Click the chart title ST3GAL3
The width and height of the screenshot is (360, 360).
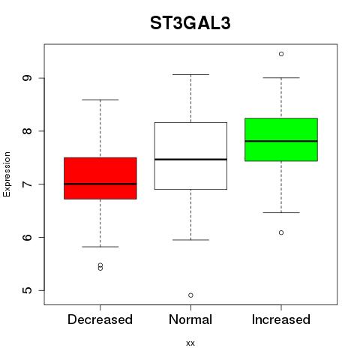190,23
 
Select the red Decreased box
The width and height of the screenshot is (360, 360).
100,178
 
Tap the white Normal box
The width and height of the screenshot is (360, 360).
190,156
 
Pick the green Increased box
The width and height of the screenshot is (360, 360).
281,139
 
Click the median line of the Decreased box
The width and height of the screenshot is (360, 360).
100,184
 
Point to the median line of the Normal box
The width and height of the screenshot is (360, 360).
190,159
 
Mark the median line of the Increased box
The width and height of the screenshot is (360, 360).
281,141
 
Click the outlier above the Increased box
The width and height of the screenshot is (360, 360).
281,54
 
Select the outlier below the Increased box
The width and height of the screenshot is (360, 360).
281,232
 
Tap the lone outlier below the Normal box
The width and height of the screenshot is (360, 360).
190,295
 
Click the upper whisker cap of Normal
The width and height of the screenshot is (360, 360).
190,74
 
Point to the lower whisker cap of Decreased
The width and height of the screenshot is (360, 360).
100,247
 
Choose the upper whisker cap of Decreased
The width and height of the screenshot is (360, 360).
100,100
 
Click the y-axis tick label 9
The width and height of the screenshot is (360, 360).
27,78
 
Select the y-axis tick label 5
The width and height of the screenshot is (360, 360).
27,290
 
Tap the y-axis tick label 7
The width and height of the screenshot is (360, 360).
27,184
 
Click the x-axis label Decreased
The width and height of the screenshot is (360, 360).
100,319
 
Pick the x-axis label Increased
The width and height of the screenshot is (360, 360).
281,319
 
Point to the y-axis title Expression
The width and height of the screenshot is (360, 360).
7,174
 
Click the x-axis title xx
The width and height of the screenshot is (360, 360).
190,343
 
